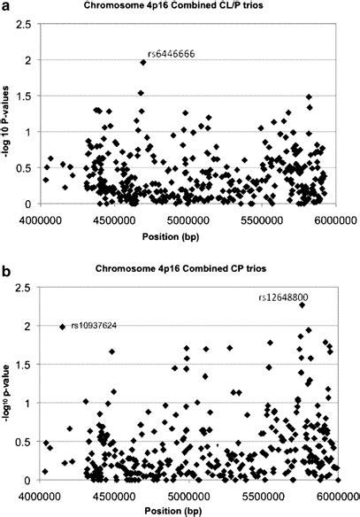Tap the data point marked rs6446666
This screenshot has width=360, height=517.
142,62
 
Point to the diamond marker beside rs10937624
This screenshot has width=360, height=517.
63,327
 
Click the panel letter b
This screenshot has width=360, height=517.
7,268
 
